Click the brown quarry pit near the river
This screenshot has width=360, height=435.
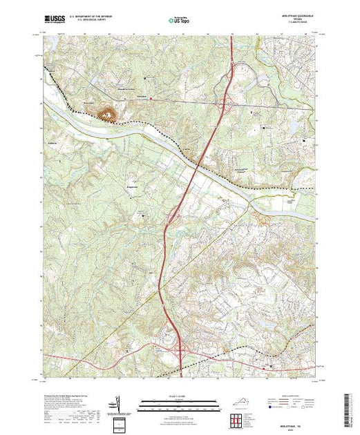pos(108,113)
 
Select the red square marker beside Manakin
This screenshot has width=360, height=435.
pos(153,99)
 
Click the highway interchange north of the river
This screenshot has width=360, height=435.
pos(225,106)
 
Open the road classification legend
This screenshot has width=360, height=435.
pos(294,405)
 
